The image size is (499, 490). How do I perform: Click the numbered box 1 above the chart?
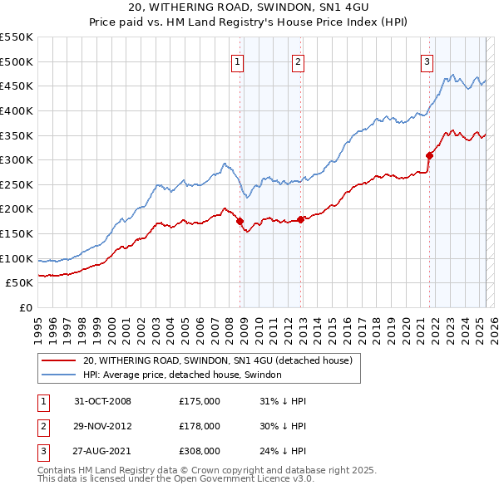pyautogui.click(x=237, y=61)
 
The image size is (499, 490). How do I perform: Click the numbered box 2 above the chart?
pyautogui.click(x=298, y=61)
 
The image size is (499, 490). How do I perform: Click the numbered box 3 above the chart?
pyautogui.click(x=427, y=61)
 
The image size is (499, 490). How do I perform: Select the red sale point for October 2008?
pyautogui.click(x=240, y=222)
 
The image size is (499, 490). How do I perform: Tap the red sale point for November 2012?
pyautogui.click(x=301, y=220)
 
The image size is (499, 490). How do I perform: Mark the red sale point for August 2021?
pyautogui.click(x=430, y=155)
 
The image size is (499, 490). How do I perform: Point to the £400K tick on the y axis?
pyautogui.click(x=17, y=110)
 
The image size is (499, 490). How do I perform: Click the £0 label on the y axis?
pyautogui.click(x=24, y=307)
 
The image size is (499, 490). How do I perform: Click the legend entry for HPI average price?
pyautogui.click(x=182, y=375)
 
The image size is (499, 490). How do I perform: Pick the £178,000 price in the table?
pyautogui.click(x=200, y=426)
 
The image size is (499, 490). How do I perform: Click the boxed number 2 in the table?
pyautogui.click(x=42, y=426)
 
